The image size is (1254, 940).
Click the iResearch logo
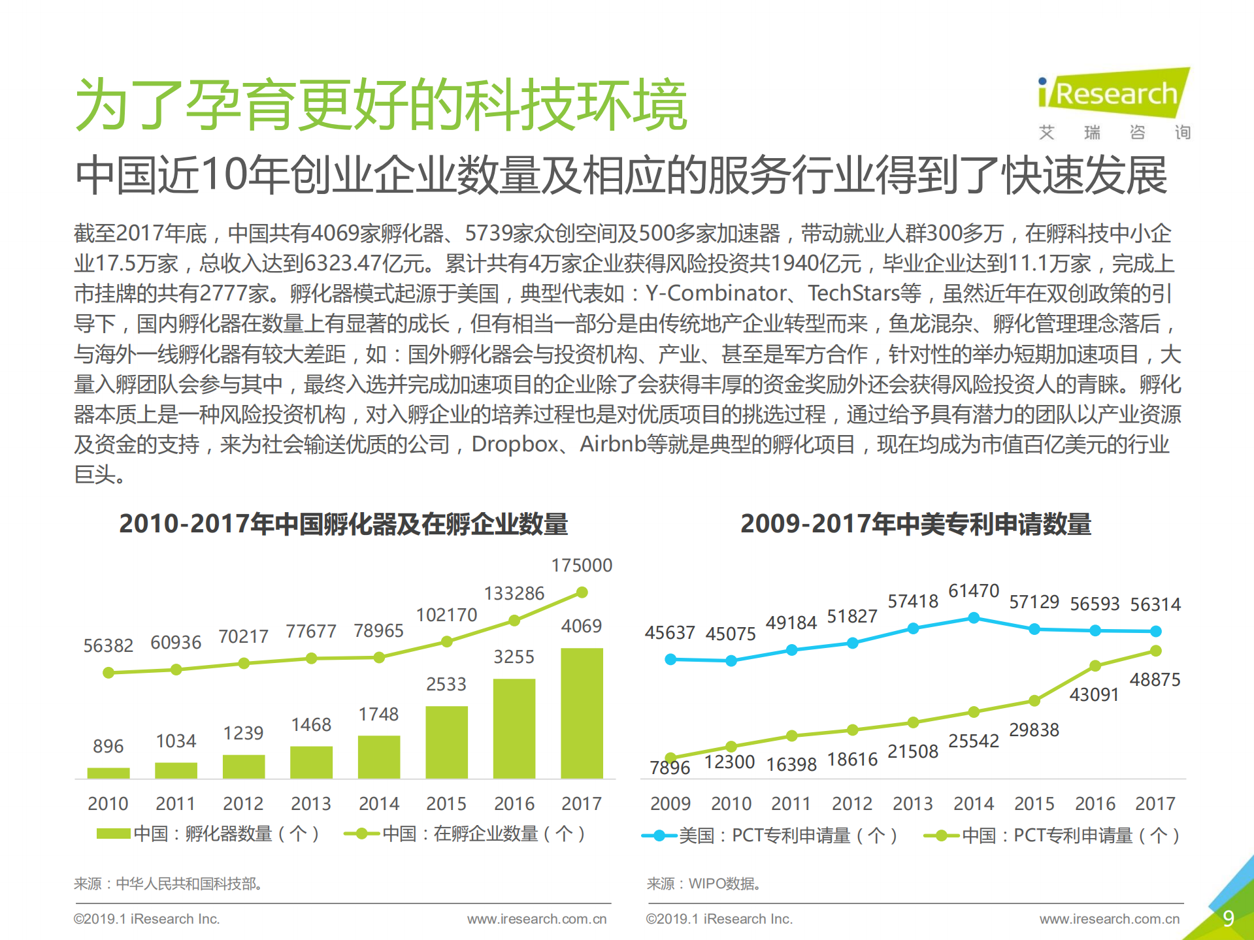[x=1114, y=95]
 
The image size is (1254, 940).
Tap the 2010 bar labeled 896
[x=108, y=773]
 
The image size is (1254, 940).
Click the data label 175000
[x=582, y=565]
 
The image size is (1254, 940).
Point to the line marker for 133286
[x=514, y=620]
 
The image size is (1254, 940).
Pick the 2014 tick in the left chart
[x=378, y=803]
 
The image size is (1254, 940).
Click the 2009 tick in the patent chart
[x=670, y=803]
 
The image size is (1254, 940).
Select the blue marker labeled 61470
[x=974, y=617]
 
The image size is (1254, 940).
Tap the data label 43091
[x=1094, y=694]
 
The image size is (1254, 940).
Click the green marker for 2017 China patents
[x=1155, y=651]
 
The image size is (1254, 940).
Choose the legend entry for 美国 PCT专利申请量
[x=771, y=835]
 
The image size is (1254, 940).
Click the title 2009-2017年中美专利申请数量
[x=916, y=524]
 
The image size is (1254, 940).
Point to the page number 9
[x=1228, y=918]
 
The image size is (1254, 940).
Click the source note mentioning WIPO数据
[x=704, y=884]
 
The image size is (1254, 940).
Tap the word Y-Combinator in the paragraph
[x=716, y=293]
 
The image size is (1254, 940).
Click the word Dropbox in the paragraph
[x=515, y=444]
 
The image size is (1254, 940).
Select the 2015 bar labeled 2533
[x=446, y=741]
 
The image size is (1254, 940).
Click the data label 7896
[x=669, y=768]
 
